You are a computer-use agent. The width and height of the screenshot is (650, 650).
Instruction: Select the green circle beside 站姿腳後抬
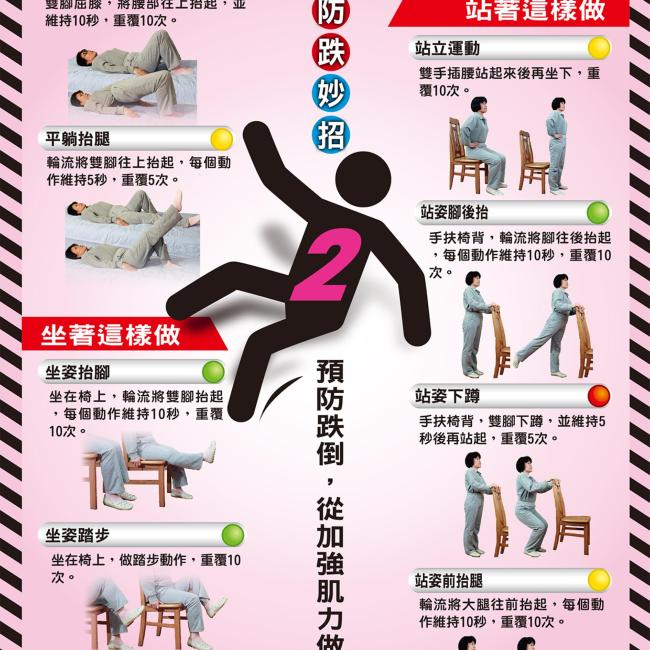coord(597,212)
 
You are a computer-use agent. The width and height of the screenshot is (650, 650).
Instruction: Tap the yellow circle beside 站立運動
coord(598,48)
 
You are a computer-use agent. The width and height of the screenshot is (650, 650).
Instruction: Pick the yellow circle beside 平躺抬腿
coord(221,138)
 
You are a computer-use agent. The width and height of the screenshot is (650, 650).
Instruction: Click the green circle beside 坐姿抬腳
coord(213,372)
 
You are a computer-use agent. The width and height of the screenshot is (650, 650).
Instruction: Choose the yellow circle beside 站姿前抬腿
coord(598,578)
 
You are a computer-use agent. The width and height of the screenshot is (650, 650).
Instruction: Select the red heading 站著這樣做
coord(520,12)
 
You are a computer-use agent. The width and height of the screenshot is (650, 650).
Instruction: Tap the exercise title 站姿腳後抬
coord(455,212)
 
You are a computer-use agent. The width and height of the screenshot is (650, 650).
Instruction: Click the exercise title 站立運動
coord(448,48)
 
